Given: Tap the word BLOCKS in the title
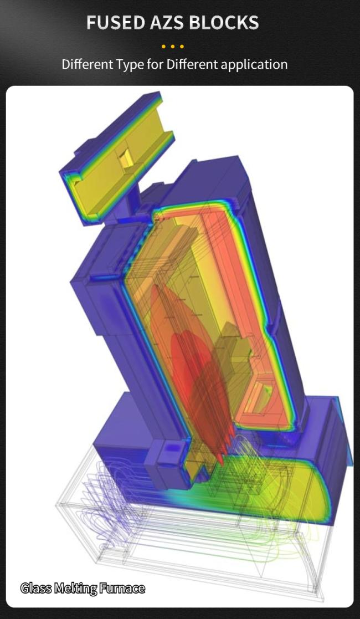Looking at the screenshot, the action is click(x=223, y=22).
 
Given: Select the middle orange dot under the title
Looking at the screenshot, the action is click(x=172, y=47).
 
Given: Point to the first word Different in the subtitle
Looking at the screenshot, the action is click(x=88, y=64).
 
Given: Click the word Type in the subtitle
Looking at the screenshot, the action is click(x=130, y=64).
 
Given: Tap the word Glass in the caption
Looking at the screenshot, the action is click(x=36, y=588).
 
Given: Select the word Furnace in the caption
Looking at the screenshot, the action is click(x=122, y=588).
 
